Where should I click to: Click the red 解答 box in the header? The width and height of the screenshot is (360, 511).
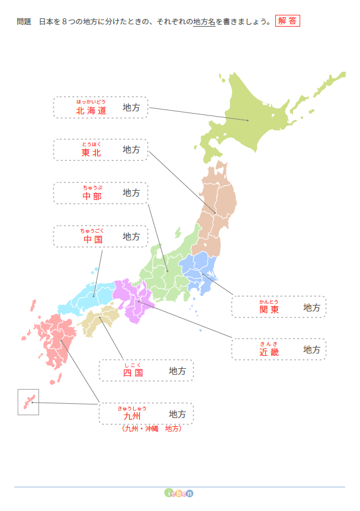pyautogui.click(x=287, y=21)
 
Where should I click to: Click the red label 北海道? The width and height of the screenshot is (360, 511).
pyautogui.click(x=91, y=111)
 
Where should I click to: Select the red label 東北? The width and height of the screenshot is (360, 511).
pyautogui.click(x=92, y=153)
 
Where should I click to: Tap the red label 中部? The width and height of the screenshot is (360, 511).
pyautogui.click(x=92, y=196)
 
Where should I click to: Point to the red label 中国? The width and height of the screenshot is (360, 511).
pyautogui.click(x=92, y=239)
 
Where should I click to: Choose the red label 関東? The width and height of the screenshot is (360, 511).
pyautogui.click(x=269, y=310)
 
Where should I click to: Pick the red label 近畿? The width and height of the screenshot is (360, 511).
pyautogui.click(x=269, y=352)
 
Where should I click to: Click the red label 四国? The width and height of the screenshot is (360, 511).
pyautogui.click(x=133, y=373)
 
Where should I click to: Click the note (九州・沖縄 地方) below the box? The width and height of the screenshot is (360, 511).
pyautogui.click(x=151, y=428)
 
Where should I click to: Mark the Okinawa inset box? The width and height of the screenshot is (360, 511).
pyautogui.click(x=28, y=402)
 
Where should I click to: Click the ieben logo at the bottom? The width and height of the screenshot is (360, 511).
pyautogui.click(x=179, y=493)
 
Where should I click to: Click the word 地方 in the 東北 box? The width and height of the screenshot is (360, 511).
pyautogui.click(x=131, y=150)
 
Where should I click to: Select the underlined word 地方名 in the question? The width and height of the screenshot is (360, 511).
pyautogui.click(x=204, y=22)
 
